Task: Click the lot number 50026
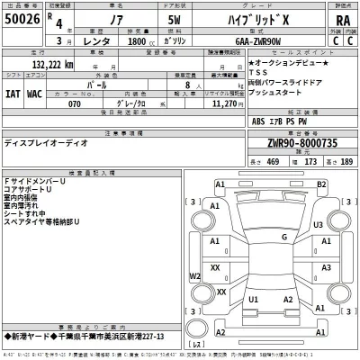tap(20, 19)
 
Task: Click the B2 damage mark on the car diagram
tap(320, 184)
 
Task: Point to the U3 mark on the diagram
tap(319, 224)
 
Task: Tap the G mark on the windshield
tap(258, 236)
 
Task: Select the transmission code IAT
tap(13, 91)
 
